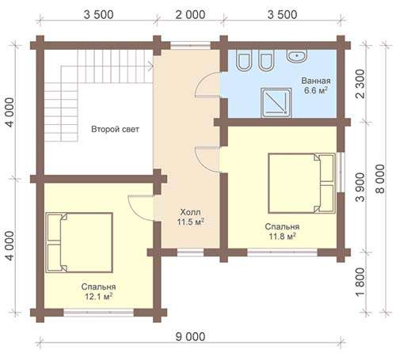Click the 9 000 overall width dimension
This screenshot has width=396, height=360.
coord(190,337)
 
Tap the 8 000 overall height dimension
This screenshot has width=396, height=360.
coord(380,179)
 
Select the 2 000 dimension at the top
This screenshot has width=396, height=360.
coord(190,15)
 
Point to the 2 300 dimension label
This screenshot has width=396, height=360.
coord(360,84)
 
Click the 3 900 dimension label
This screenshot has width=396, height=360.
coord(360,188)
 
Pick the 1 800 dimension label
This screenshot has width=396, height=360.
coord(360,282)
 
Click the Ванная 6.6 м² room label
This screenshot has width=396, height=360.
coord(316,85)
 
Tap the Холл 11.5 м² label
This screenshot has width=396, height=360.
coord(190,217)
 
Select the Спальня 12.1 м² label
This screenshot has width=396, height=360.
coord(98,292)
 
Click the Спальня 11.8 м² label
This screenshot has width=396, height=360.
coord(282,231)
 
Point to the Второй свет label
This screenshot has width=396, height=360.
coord(115,129)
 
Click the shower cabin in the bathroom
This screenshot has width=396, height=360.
coord(276,103)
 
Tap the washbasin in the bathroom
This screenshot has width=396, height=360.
coord(297,56)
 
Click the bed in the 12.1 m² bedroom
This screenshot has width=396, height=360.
coord(79,243)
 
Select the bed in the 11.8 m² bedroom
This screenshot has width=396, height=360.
coord(302,184)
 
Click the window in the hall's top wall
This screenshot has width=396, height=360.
coord(190,45)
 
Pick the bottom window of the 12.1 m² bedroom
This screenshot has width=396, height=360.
coord(99,313)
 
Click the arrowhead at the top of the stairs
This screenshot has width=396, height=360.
coord(151,66)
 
